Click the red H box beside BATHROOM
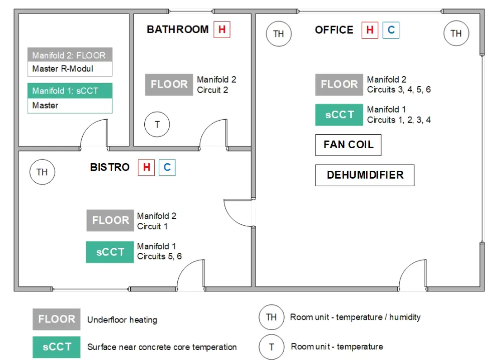tap(221, 30)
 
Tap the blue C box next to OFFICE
tap(391, 30)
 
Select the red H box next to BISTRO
tap(146, 167)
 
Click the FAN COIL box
tap(348, 145)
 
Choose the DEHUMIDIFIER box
tap(365, 175)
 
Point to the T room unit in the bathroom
tap(157, 125)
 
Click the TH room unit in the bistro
tap(42, 172)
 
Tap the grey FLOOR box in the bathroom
tap(169, 85)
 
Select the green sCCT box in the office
tap(339, 115)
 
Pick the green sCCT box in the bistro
tap(110, 252)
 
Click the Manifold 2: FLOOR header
tap(70, 55)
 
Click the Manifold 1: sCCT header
tap(70, 91)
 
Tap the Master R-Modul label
tap(63, 69)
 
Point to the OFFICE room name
tap(334, 30)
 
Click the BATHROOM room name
tap(177, 30)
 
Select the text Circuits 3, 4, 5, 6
tap(399, 90)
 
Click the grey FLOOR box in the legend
tap(57, 319)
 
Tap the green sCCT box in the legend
tap(57, 346)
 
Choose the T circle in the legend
tap(271, 346)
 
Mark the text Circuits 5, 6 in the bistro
tap(159, 256)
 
